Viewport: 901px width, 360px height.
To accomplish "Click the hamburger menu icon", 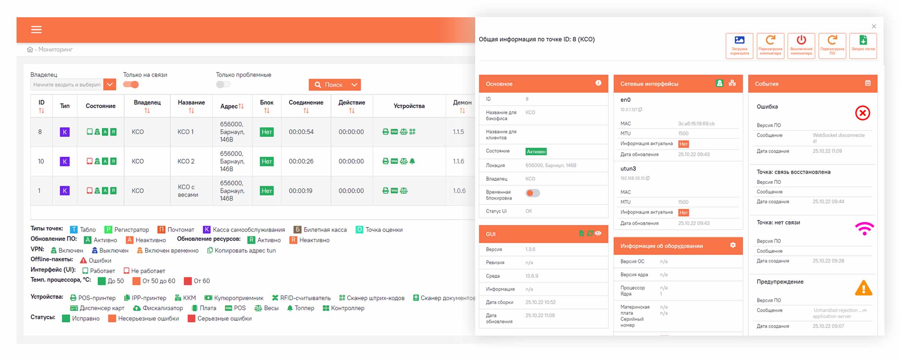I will tap(36, 29).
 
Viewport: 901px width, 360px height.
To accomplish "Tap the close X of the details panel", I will tap(874, 26).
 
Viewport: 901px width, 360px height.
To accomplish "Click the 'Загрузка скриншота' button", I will tap(739, 46).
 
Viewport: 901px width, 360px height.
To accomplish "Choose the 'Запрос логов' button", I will tap(863, 46).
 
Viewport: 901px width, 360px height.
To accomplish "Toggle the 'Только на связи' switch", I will tap(131, 85).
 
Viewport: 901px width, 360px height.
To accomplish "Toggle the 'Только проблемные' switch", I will tap(223, 85).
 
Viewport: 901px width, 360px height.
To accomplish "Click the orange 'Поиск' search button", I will tap(334, 85).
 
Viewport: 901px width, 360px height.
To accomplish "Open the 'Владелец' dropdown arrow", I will tap(110, 85).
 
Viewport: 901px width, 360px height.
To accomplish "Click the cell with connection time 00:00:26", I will tap(301, 161).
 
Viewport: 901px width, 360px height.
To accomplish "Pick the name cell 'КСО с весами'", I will tap(188, 191).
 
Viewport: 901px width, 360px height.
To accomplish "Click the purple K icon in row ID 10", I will tap(65, 161).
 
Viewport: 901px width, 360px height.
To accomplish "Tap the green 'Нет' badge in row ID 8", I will tap(267, 132).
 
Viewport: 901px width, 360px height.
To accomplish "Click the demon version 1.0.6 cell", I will tap(459, 191).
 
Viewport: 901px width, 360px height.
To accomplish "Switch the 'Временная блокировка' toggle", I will tap(532, 193).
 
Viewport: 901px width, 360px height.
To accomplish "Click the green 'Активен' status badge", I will tap(536, 152).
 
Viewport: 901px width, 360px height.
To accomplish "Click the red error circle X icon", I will tap(862, 113).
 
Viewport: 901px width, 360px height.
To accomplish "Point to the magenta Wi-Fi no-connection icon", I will tap(864, 229).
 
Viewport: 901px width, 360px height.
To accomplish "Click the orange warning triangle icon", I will tap(863, 288).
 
